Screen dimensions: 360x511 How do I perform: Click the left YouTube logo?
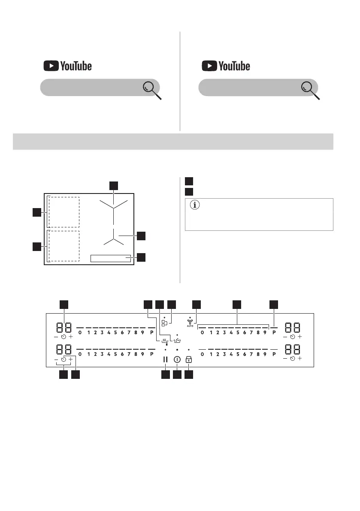(67, 66)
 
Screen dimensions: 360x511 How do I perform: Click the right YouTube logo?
(226, 66)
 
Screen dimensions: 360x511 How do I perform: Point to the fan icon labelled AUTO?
(190, 322)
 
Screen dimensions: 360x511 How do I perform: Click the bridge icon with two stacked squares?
(164, 323)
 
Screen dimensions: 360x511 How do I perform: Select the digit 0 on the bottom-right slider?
(202, 354)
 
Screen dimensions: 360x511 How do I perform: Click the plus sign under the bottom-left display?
(71, 359)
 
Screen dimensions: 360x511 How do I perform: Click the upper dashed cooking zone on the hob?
(64, 212)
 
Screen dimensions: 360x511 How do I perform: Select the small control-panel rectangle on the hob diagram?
(111, 258)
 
